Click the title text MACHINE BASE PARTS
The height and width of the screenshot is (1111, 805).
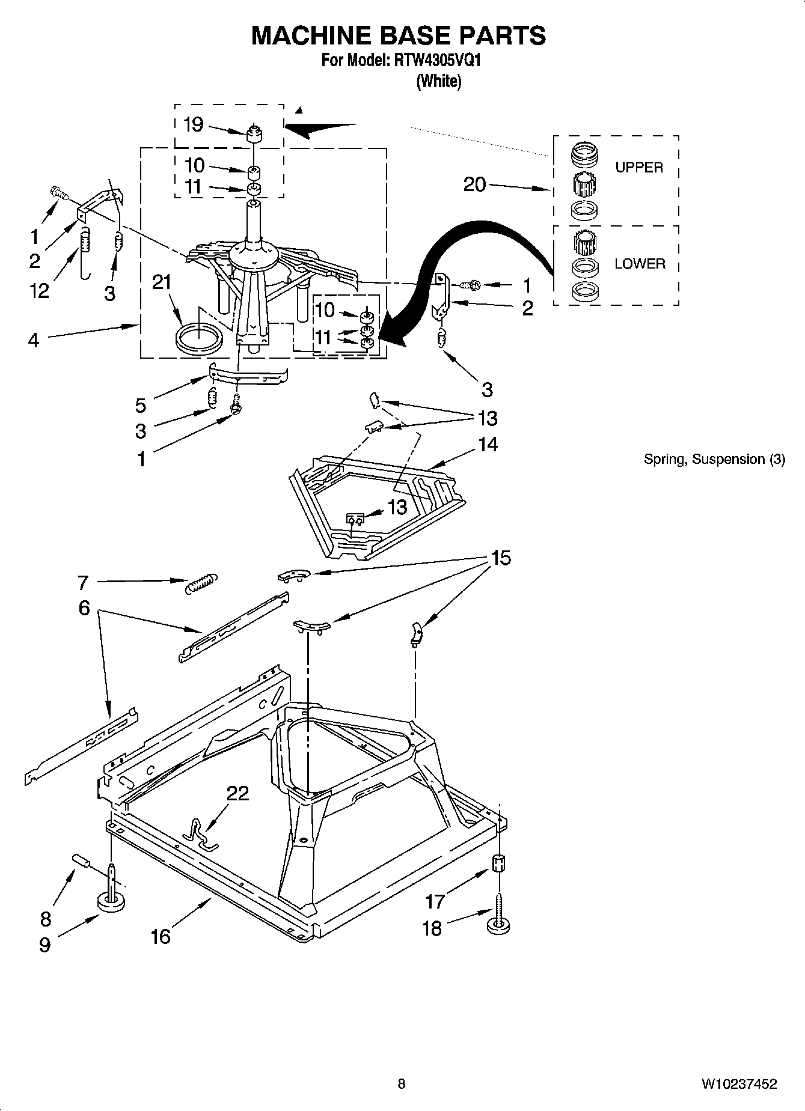tap(398, 35)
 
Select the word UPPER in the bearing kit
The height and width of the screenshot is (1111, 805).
tap(639, 168)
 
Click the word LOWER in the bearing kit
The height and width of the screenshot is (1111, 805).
tap(640, 264)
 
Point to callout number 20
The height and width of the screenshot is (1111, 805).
tap(474, 184)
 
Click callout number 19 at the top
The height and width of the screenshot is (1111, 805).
tap(193, 124)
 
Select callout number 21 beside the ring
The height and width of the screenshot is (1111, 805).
tap(161, 282)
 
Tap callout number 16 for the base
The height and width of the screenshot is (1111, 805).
tap(161, 936)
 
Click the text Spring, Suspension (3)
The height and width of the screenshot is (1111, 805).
tap(714, 460)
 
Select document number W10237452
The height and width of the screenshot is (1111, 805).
tap(738, 1084)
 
